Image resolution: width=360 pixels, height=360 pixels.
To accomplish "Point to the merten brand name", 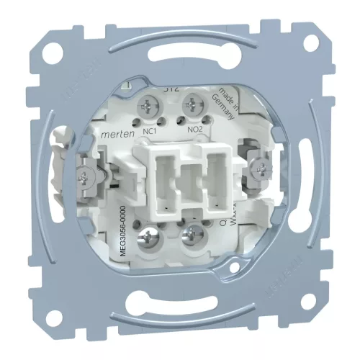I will (x=116, y=126).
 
